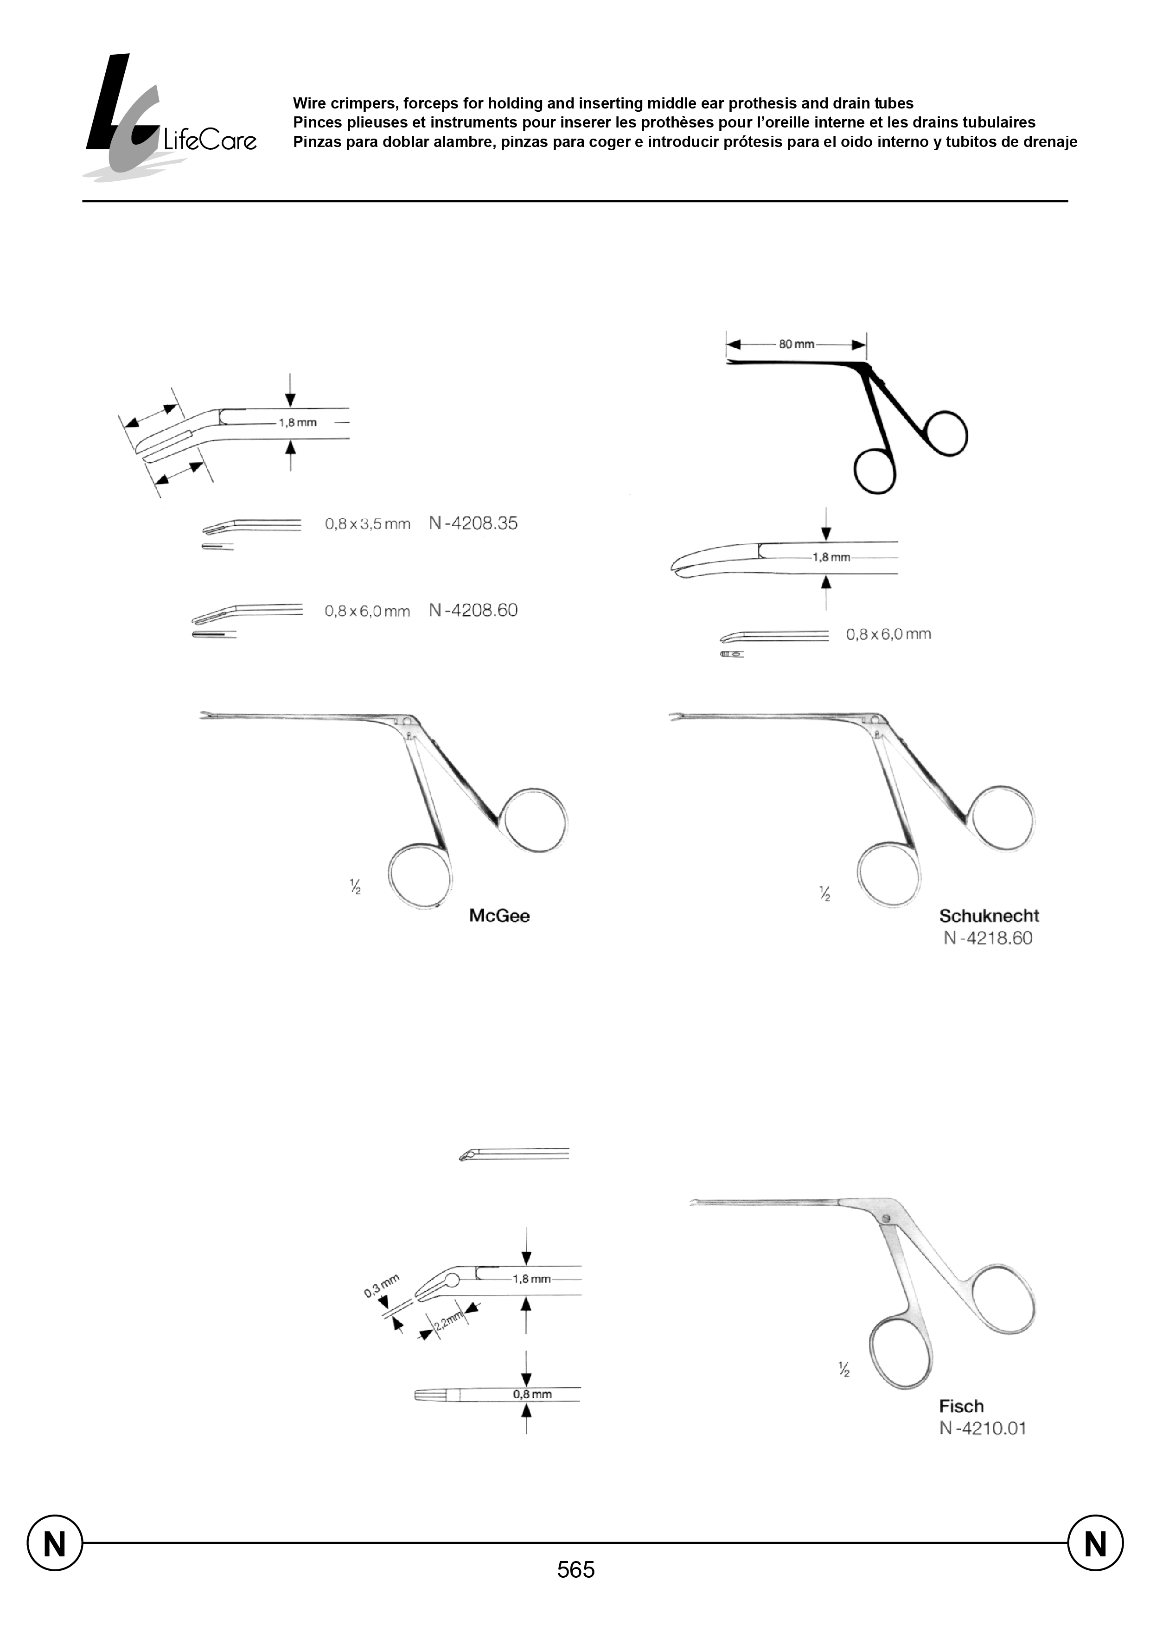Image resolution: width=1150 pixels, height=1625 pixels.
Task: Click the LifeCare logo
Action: coord(170,117)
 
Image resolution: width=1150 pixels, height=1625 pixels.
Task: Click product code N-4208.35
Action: coord(473,523)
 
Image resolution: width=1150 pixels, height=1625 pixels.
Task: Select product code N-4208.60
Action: coord(473,610)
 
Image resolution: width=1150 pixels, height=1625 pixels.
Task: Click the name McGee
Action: coord(499,916)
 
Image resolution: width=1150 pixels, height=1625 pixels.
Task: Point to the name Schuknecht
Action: coord(989,916)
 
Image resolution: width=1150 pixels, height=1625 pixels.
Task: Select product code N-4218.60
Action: coord(987,939)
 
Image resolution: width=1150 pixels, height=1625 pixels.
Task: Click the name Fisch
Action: coord(961,1406)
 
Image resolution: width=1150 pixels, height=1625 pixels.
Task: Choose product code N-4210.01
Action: coord(982,1428)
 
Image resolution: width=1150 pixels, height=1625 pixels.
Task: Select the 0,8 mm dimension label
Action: coord(532,1394)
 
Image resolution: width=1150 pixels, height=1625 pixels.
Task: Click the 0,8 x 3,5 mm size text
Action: coord(368,525)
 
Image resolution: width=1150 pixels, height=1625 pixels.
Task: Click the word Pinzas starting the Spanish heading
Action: coord(316,141)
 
